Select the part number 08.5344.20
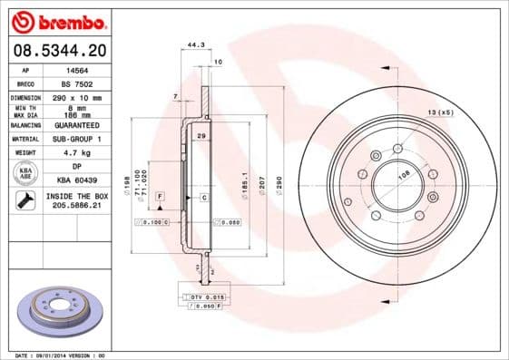pos(55,50)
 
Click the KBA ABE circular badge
pos(25,174)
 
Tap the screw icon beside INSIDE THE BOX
pos(25,201)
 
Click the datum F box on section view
pos(160,196)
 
